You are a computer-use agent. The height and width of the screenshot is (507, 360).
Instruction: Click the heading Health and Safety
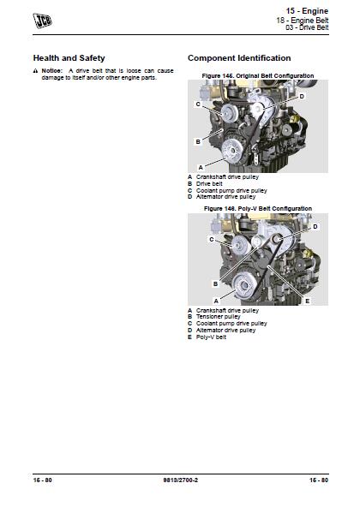[69, 58]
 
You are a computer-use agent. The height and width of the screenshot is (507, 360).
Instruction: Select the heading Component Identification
[233, 58]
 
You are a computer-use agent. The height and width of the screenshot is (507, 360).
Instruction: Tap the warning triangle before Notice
[36, 70]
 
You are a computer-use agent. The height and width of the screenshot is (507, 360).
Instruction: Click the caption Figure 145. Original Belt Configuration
[257, 76]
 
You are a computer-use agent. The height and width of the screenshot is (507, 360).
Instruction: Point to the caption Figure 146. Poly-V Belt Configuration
[257, 208]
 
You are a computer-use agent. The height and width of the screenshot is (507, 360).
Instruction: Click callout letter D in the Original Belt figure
[302, 97]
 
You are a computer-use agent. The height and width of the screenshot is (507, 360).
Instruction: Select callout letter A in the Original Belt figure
[200, 166]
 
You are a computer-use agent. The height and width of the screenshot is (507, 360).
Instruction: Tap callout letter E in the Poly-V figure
[307, 301]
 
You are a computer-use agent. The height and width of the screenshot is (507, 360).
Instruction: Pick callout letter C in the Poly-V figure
[211, 240]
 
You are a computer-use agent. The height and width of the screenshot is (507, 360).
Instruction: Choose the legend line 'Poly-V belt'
[211, 337]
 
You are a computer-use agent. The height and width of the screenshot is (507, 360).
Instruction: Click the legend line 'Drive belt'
[209, 183]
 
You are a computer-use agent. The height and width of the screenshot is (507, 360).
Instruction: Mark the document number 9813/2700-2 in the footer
[179, 479]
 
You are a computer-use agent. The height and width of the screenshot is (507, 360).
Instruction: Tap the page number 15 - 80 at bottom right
[317, 479]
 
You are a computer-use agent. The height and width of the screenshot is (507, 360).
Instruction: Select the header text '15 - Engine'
[309, 9]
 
